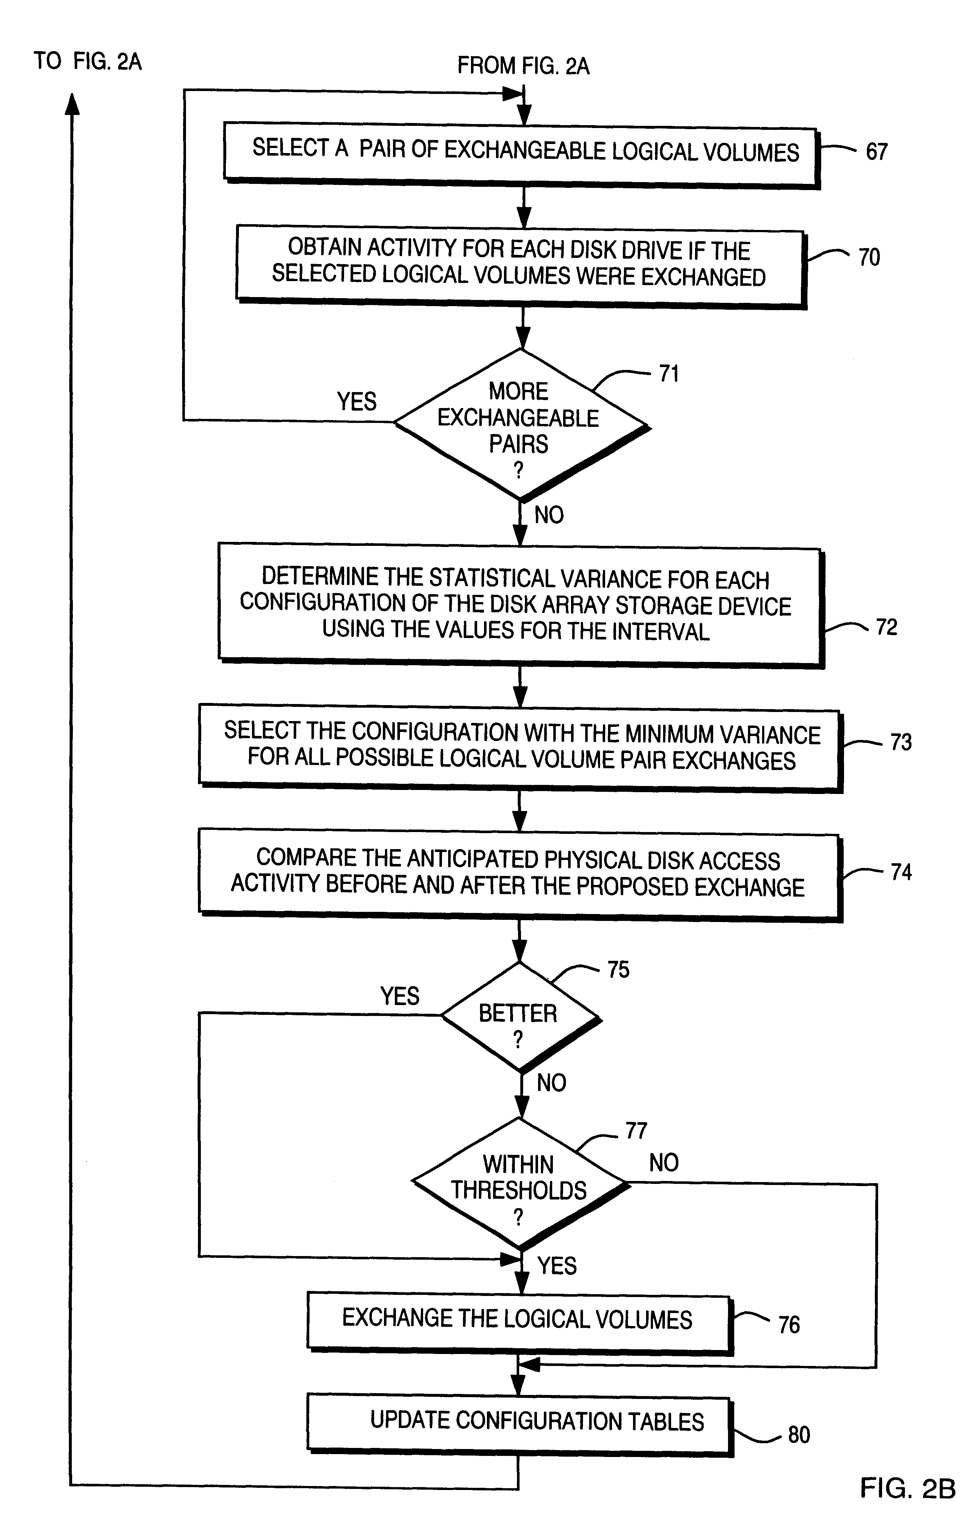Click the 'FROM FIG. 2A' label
point(523,66)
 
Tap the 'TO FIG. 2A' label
point(87,61)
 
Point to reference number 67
point(876,152)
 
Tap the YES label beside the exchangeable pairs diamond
point(356,401)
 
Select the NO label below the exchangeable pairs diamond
point(549,514)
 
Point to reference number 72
point(886,627)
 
